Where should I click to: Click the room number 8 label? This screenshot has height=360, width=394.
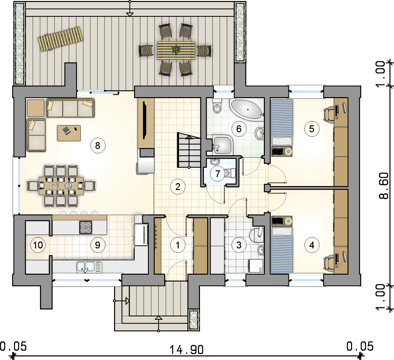[98, 146]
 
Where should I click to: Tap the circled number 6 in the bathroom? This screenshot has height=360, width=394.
[239, 129]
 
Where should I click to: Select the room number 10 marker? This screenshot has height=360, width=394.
[38, 245]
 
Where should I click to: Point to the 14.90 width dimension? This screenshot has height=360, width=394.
[187, 350]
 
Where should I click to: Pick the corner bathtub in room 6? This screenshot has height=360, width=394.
[247, 110]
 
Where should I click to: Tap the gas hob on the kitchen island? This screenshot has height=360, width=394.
[86, 227]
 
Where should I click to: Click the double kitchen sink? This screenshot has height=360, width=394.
[89, 267]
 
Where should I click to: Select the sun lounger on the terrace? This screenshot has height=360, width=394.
[61, 39]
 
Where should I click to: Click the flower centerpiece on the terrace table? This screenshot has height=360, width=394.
[176, 50]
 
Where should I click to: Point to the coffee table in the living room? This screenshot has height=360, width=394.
[69, 133]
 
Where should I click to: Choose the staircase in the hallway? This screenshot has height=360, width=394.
[189, 150]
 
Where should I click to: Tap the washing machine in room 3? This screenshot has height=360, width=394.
[256, 266]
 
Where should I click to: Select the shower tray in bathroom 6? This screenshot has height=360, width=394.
[223, 145]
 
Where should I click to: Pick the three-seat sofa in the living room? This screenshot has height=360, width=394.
[70, 108]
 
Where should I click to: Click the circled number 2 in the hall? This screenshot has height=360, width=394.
[178, 187]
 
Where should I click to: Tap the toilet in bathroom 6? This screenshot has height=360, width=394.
[217, 106]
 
